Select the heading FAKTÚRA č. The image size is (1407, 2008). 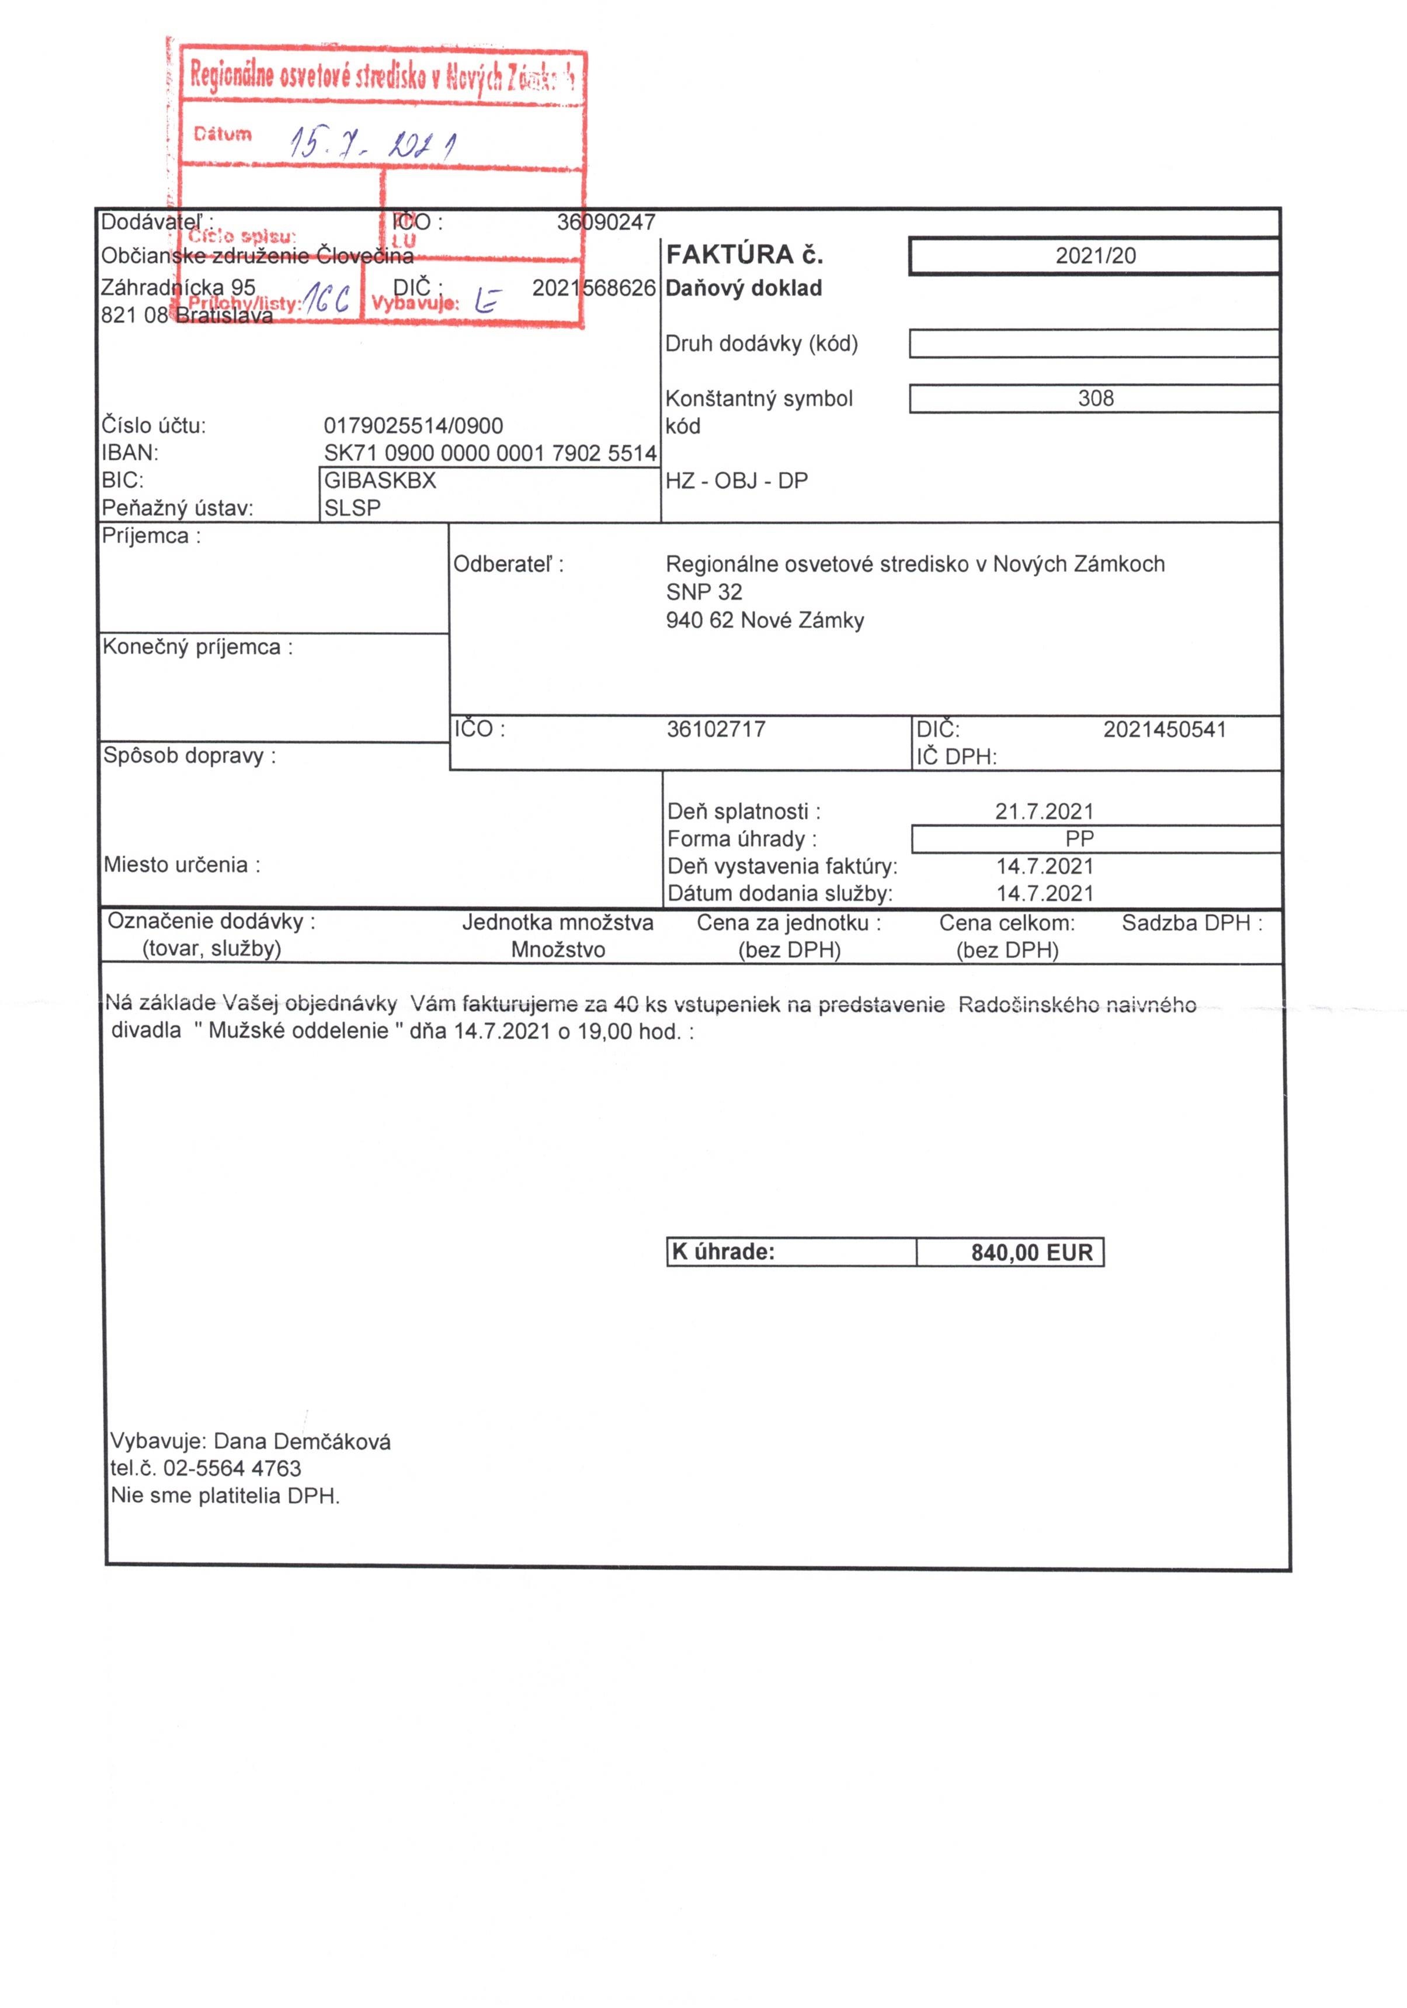pyautogui.click(x=744, y=255)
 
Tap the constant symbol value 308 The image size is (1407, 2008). pyautogui.click(x=1095, y=399)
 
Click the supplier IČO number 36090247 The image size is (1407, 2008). pyautogui.click(x=606, y=222)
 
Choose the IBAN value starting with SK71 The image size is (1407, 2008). pyautogui.click(x=489, y=453)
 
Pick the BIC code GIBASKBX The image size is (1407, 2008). pyautogui.click(x=380, y=480)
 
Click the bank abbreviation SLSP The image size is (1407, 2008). pyautogui.click(x=352, y=508)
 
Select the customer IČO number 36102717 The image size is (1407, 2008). pyautogui.click(x=715, y=729)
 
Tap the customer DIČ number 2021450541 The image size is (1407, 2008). pyautogui.click(x=1164, y=729)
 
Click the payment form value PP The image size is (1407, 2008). pyautogui.click(x=1079, y=839)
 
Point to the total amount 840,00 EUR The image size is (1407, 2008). pyautogui.click(x=1031, y=1253)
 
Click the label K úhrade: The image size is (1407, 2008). pyautogui.click(x=723, y=1251)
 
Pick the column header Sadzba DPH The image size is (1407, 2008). pyautogui.click(x=1191, y=922)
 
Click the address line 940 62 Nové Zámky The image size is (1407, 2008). pyautogui.click(x=765, y=620)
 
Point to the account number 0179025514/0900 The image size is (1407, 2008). pyautogui.click(x=413, y=426)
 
